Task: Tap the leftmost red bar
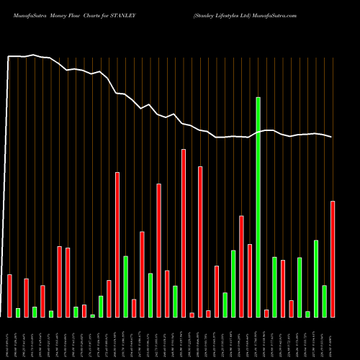pyautogui.click(x=10, y=295)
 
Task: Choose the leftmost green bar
pyautogui.click(x=18, y=312)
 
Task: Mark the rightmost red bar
pyautogui.click(x=333, y=258)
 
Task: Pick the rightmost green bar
pyautogui.click(x=325, y=301)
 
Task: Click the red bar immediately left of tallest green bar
pyautogui.click(x=250, y=280)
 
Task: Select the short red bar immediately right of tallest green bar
pyautogui.click(x=266, y=313)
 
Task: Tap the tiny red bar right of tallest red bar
pyautogui.click(x=192, y=315)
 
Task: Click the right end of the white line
pyautogui.click(x=332, y=138)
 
